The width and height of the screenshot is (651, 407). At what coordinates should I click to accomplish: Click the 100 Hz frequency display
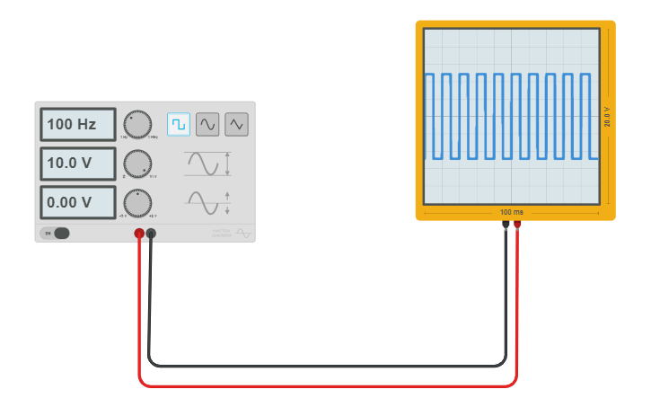(x=77, y=125)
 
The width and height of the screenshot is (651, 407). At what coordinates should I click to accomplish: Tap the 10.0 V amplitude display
(x=77, y=164)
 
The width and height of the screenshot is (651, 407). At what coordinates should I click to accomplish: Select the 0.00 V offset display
(x=77, y=202)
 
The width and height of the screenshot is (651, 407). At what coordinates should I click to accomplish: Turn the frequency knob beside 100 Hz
(x=137, y=124)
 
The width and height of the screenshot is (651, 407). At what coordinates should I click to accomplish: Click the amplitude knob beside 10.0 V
(x=137, y=164)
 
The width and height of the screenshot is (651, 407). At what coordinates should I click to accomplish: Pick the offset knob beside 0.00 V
(x=137, y=203)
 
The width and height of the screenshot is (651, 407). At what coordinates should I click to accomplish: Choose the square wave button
(x=179, y=124)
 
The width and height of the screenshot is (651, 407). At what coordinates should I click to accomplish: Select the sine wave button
(x=207, y=124)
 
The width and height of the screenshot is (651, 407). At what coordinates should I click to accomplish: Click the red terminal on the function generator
(x=139, y=234)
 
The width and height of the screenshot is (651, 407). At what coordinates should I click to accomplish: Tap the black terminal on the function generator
(x=151, y=234)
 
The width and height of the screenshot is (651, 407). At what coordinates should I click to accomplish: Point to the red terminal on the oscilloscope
(x=517, y=224)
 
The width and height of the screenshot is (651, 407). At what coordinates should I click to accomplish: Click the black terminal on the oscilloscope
(x=506, y=224)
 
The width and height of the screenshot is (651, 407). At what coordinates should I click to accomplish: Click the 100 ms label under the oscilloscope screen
(x=512, y=212)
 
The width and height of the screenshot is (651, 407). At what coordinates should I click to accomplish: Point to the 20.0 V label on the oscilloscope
(x=608, y=116)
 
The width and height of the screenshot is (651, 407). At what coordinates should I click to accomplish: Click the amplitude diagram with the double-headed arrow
(x=208, y=164)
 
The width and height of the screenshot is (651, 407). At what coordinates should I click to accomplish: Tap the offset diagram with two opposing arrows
(x=208, y=203)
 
